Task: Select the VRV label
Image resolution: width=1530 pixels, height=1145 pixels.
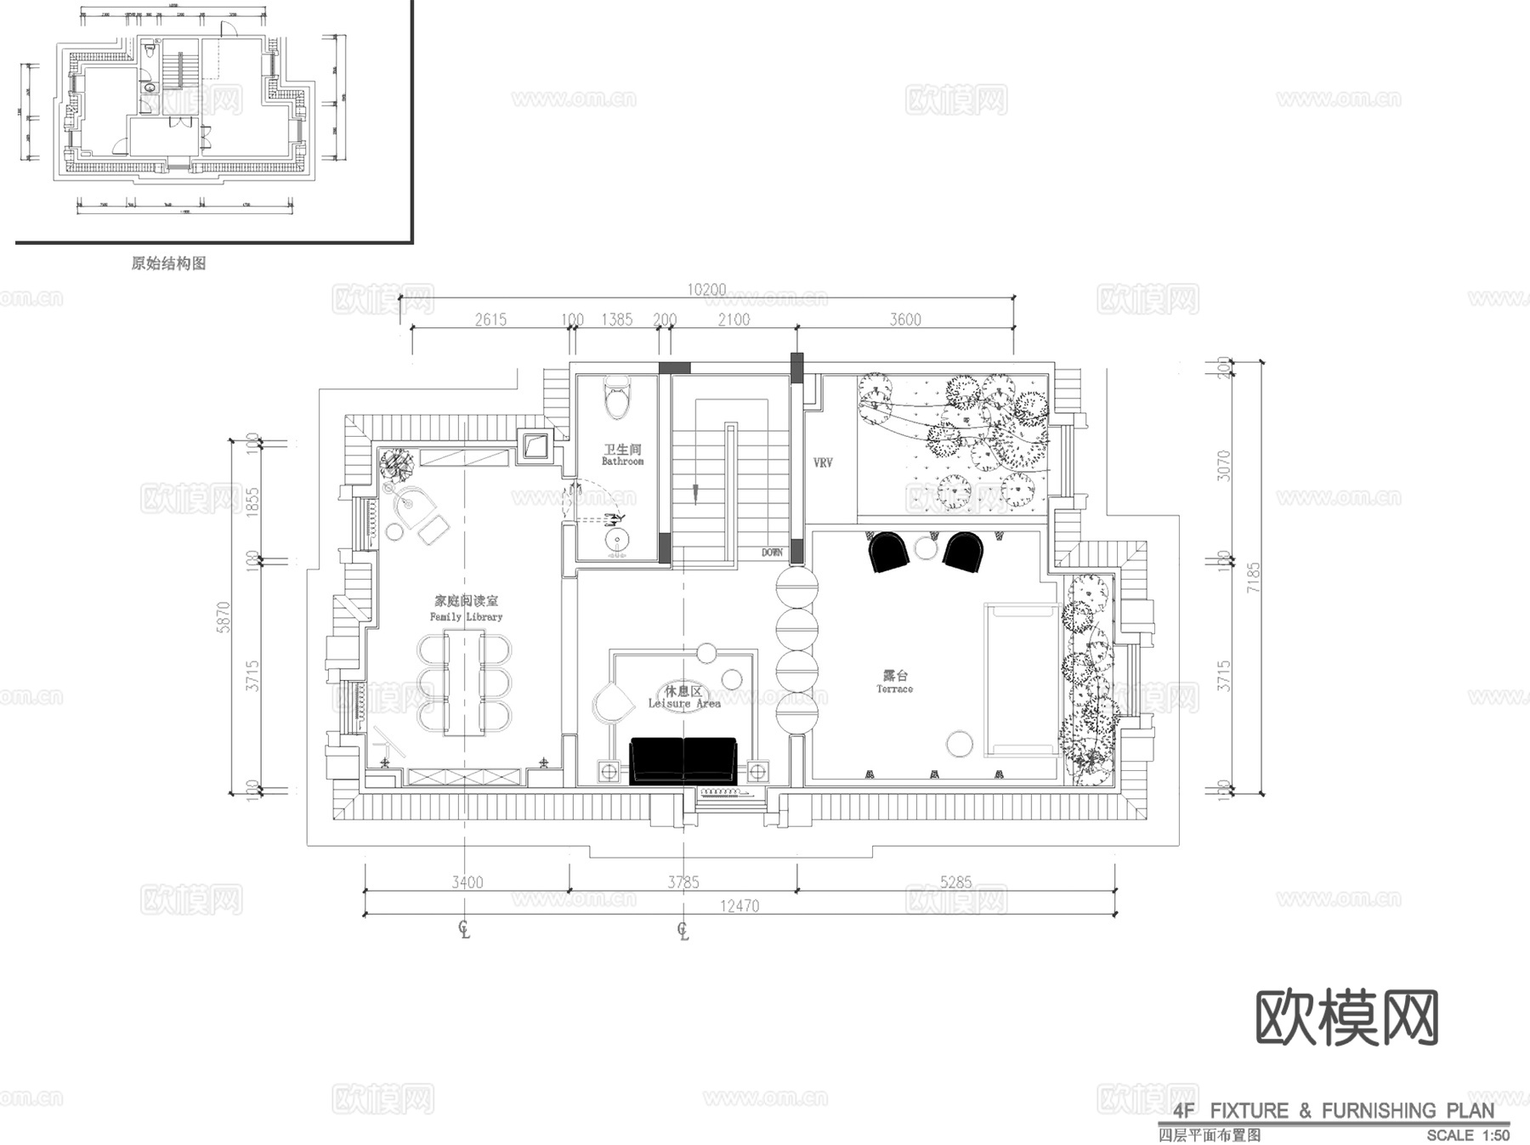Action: [x=823, y=463]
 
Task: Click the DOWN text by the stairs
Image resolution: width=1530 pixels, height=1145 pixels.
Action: [x=772, y=553]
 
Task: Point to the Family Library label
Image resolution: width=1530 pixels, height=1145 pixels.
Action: [x=466, y=609]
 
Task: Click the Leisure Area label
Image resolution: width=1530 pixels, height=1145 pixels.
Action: [x=684, y=697]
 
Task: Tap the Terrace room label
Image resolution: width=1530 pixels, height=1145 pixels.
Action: [x=895, y=682]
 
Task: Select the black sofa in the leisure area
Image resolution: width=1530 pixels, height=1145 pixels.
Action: [x=683, y=759]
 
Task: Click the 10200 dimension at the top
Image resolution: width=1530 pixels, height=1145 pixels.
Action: [x=706, y=290]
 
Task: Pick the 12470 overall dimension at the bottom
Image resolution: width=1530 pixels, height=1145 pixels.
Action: [x=739, y=906]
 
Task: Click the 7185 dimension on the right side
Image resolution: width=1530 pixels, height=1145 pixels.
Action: [x=1254, y=578]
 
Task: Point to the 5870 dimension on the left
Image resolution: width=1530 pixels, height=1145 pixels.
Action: [x=224, y=617]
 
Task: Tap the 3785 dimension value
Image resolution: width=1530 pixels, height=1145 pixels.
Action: [x=683, y=882]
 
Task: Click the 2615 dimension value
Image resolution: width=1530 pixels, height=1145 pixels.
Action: [x=490, y=320]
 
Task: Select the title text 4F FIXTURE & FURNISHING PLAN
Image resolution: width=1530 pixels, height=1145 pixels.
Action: [x=1333, y=1110]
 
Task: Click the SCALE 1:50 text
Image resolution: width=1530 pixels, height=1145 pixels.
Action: [x=1468, y=1135]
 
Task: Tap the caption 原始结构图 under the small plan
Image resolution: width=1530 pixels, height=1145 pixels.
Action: [x=169, y=264]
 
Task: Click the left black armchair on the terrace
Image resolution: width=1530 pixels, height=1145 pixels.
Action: [x=888, y=553]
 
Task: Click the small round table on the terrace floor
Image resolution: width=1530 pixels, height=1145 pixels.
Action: [x=960, y=744]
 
